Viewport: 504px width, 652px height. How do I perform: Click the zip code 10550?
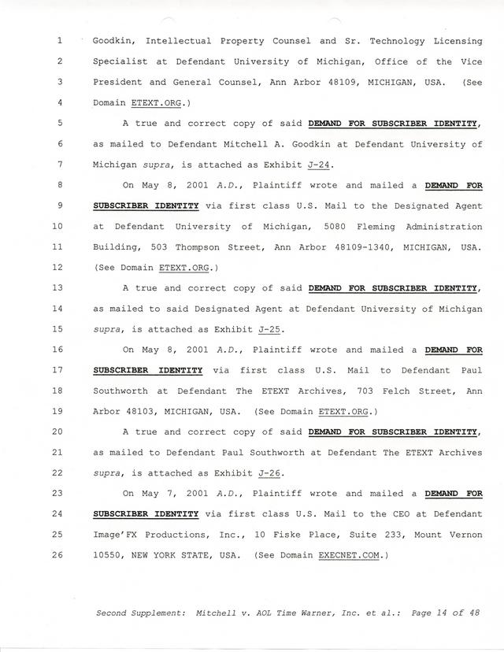109,555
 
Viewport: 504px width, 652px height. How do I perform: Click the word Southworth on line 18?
121,391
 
